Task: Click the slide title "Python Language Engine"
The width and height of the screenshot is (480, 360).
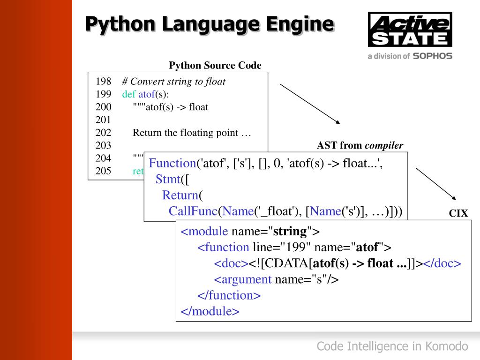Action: tap(210, 24)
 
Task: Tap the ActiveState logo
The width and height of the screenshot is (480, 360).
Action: tap(410, 30)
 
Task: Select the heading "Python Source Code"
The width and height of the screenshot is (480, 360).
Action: tap(215, 65)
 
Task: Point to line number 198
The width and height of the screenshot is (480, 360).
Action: tap(103, 82)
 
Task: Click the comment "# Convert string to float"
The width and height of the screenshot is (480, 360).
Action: tap(174, 82)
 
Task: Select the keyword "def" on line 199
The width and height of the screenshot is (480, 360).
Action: tap(129, 94)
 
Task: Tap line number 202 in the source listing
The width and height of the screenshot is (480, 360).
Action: tap(103, 133)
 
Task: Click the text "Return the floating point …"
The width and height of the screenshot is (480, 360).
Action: tap(192, 133)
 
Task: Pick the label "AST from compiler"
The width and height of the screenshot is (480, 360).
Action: tap(360, 145)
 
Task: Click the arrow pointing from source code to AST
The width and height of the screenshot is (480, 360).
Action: tap(309, 104)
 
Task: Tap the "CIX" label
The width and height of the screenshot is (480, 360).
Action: tap(458, 214)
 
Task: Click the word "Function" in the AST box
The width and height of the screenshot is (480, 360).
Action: tap(172, 163)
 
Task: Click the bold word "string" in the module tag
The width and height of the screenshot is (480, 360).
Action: tap(290, 231)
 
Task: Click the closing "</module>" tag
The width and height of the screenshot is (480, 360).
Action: tap(210, 311)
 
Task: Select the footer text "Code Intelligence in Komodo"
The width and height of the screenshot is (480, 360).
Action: tap(392, 346)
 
